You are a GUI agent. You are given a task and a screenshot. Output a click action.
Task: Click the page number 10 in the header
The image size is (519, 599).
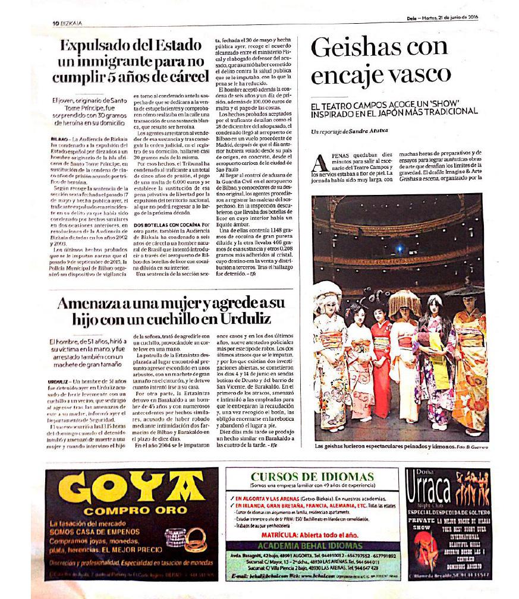pos(54,23)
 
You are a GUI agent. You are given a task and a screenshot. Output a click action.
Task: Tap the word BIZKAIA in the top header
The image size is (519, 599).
pos(71,23)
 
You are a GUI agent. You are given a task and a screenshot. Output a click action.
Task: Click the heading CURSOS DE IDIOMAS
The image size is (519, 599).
pos(312,477)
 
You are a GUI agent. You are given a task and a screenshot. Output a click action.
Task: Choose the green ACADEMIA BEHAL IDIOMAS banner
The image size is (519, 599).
pos(312,546)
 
